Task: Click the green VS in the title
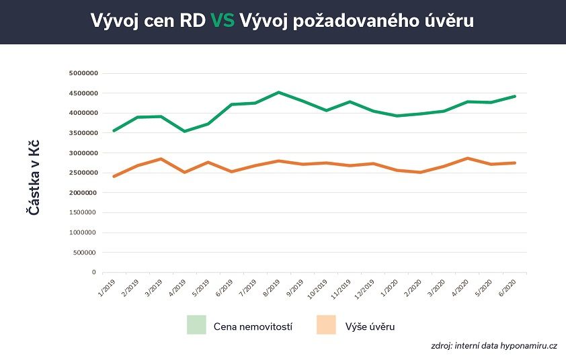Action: tap(223, 21)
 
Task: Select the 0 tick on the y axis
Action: tap(93, 273)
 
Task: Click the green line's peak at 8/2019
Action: tap(279, 92)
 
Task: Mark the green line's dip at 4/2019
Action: tap(184, 131)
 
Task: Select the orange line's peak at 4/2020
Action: tap(468, 158)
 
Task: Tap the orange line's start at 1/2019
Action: tap(114, 176)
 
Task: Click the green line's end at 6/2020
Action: tap(515, 96)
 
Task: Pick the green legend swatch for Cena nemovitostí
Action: tap(196, 325)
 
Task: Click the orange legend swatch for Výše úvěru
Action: tap(325, 325)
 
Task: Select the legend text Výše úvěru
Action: tap(370, 326)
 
